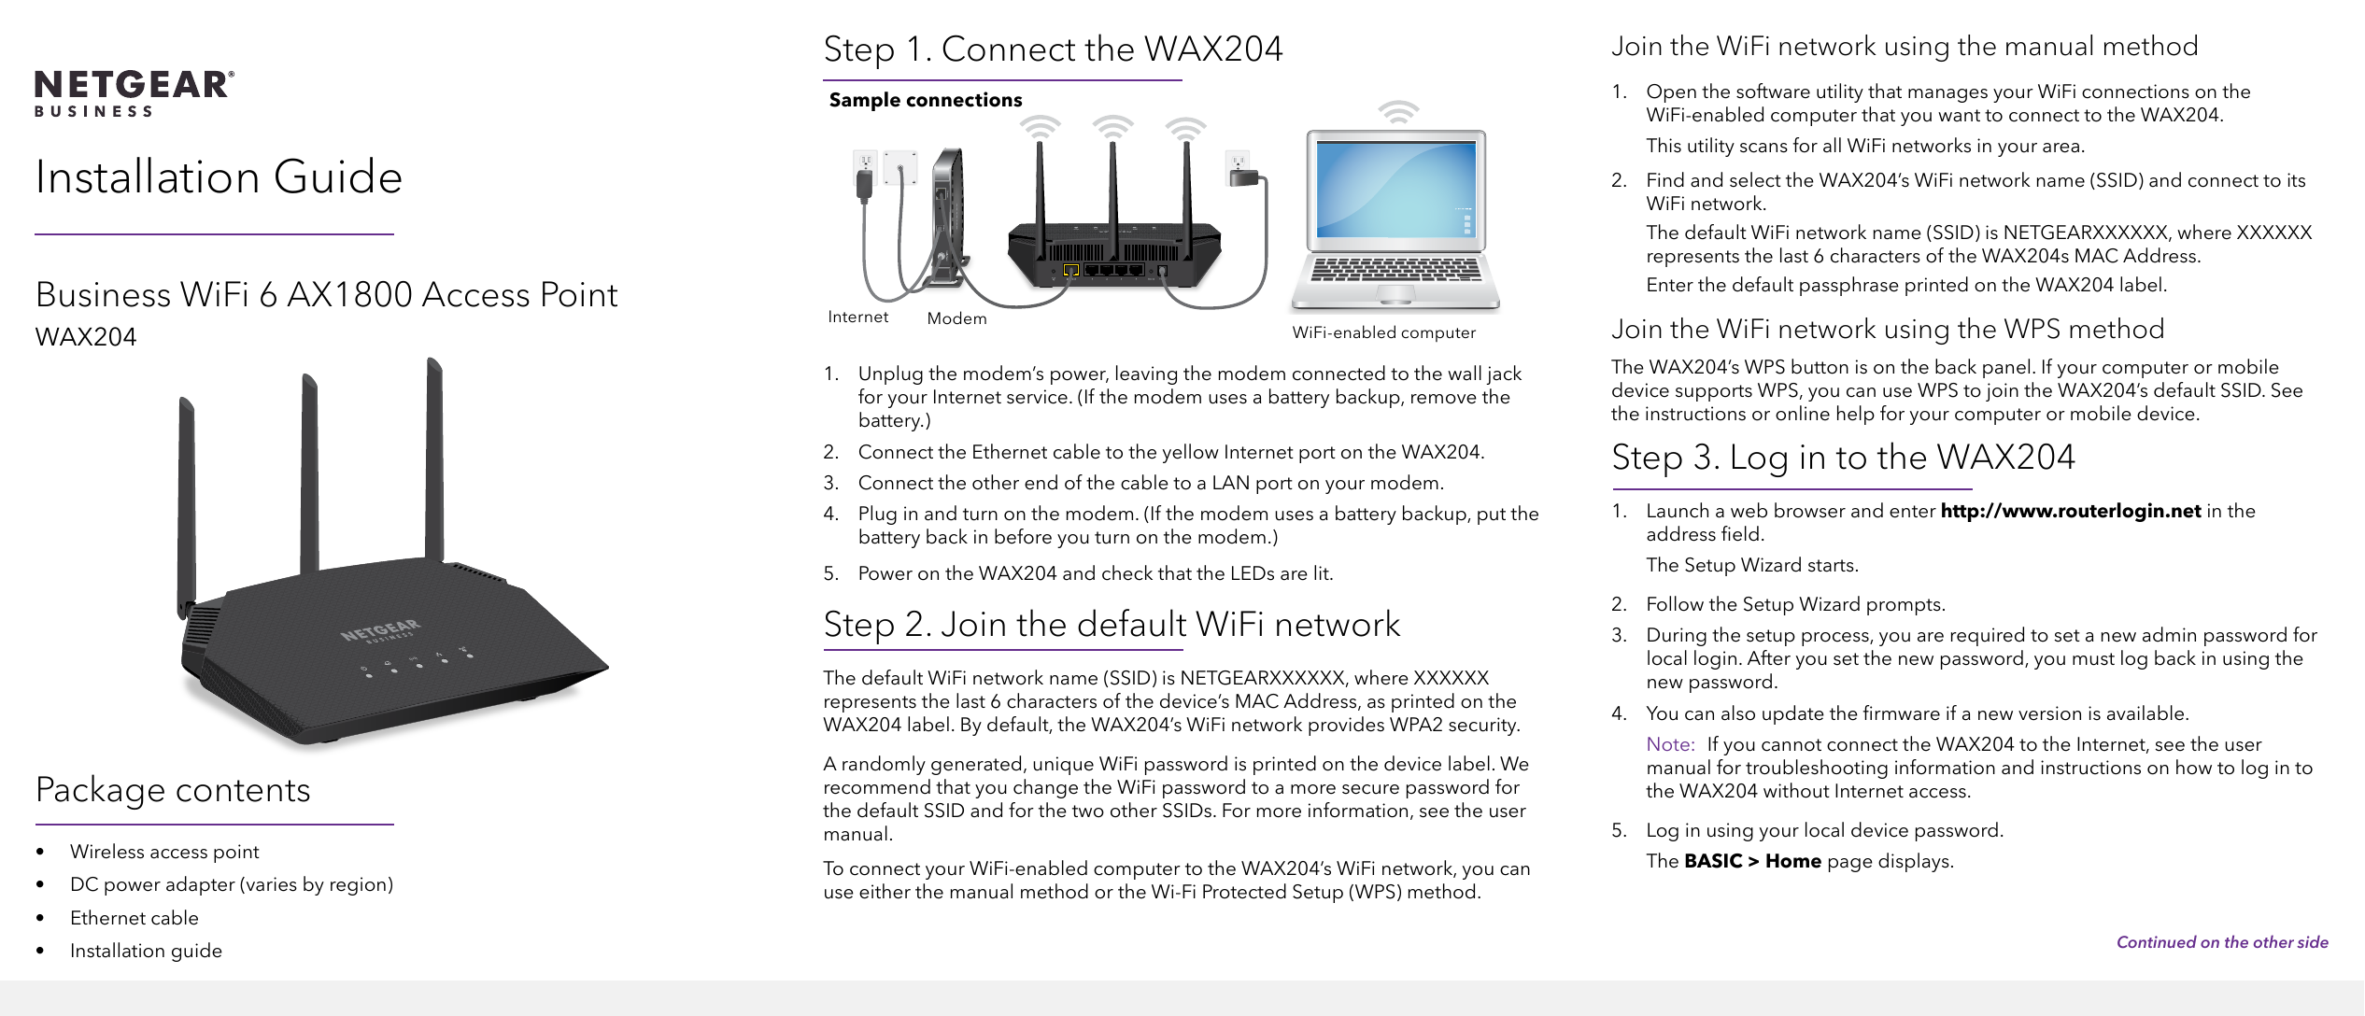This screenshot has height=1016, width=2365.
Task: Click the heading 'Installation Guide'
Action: point(219,176)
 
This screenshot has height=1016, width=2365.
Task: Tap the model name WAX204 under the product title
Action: point(86,336)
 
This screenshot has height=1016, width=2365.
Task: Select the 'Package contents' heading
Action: point(173,790)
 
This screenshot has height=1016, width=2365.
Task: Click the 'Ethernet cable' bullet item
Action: point(135,918)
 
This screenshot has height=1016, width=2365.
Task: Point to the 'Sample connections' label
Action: point(926,100)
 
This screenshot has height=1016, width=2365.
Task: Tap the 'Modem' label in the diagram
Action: point(956,318)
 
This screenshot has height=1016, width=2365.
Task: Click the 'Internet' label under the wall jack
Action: point(858,317)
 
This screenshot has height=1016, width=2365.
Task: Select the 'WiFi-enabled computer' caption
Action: point(1384,332)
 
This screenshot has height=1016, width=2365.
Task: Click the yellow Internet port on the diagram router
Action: point(1071,271)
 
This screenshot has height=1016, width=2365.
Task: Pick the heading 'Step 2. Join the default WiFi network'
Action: point(1112,625)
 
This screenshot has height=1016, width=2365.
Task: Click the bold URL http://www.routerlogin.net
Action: point(2071,511)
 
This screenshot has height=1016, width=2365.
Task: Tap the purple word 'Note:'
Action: point(1670,744)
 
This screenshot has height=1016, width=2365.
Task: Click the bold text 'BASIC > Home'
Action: point(1752,861)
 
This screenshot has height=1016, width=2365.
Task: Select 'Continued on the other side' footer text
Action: point(2222,942)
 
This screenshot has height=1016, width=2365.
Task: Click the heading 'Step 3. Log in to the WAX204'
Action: point(1843,458)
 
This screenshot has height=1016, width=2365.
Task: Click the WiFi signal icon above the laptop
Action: point(1398,112)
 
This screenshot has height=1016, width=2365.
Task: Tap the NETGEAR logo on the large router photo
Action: point(381,630)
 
